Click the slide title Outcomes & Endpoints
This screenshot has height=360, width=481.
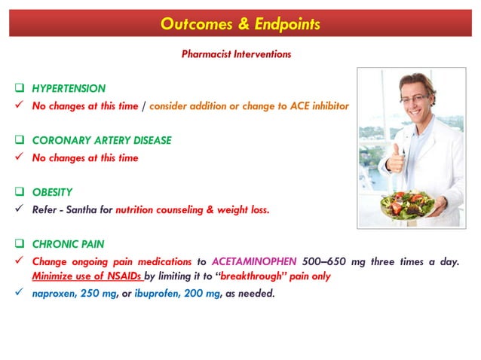(x=240, y=24)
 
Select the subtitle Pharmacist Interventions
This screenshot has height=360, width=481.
(x=236, y=54)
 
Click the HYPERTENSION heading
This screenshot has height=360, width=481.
(x=69, y=89)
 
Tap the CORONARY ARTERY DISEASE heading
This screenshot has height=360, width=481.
(x=102, y=141)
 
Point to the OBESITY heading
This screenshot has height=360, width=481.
(x=54, y=193)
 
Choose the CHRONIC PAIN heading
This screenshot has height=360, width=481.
(x=68, y=245)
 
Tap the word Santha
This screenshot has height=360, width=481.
(x=94, y=210)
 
